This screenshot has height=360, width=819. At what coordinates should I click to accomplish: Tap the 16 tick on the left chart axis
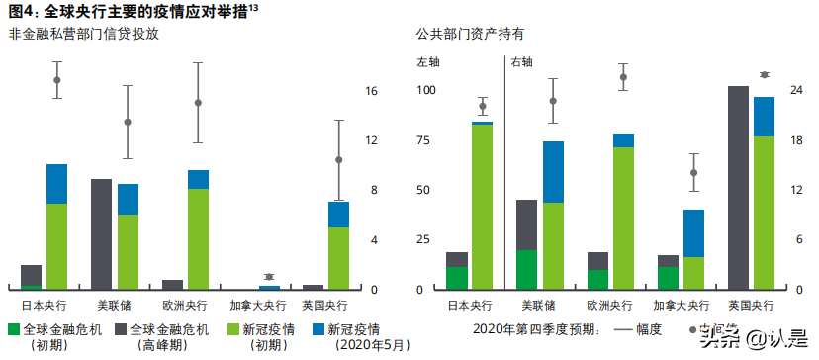[x=372, y=91]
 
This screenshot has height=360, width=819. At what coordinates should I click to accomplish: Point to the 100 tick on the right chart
[x=425, y=91]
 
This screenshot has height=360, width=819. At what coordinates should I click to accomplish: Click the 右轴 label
[x=521, y=61]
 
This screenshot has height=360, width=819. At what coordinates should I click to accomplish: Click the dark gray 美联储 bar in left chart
[x=102, y=234]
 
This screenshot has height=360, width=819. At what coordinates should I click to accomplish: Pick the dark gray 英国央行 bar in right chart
[x=738, y=188]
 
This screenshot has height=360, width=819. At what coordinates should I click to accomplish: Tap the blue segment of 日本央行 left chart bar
[x=56, y=184]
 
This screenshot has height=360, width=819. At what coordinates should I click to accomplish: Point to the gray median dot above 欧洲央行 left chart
[x=198, y=103]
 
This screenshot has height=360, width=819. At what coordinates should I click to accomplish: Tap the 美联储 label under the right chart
[x=539, y=306]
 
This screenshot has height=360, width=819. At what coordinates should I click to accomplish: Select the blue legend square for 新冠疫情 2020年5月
[x=318, y=329]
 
